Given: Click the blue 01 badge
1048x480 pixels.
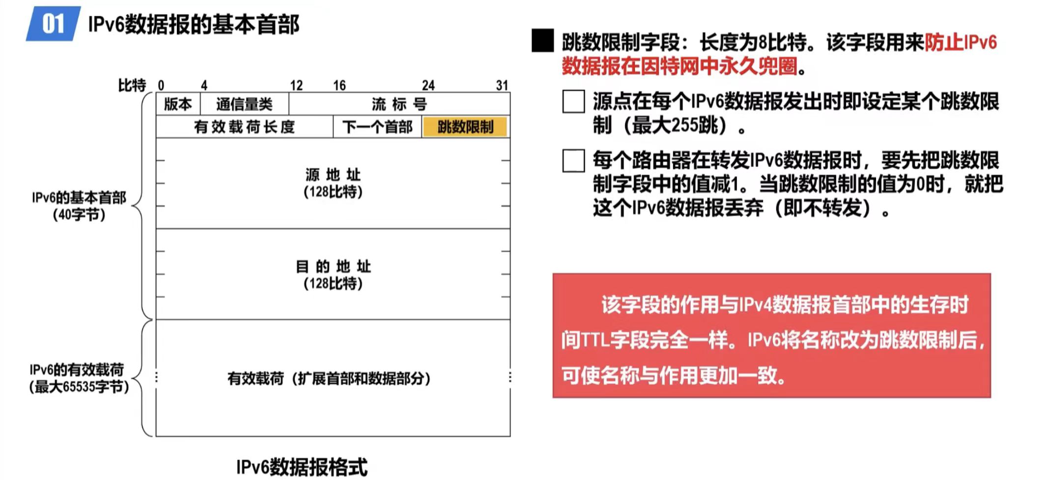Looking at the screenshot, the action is (53, 24).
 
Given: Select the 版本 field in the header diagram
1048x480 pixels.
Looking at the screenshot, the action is (178, 104).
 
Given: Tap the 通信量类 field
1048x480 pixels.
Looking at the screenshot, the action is (244, 104).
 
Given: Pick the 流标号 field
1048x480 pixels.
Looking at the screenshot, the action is (399, 104).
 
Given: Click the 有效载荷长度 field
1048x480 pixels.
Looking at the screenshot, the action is (244, 127).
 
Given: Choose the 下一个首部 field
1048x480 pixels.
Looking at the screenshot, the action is (377, 127).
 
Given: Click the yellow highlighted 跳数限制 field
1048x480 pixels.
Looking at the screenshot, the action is (465, 127).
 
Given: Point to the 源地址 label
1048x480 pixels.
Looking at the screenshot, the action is (333, 174).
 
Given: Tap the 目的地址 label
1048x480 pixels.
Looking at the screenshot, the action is (333, 266).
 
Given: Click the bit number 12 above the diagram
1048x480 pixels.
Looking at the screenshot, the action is (296, 85).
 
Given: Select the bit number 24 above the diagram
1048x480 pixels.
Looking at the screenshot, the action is (428, 85).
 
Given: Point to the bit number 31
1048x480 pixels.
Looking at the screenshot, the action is (502, 85).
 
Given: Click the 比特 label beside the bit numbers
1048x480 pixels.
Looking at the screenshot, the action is (132, 85).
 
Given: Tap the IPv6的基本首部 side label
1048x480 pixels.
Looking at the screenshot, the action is (79, 198).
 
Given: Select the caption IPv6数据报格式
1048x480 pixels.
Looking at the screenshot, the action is (302, 467).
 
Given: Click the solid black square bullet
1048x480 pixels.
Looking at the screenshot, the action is (542, 41).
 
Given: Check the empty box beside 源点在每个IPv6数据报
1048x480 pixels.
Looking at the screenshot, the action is (573, 101).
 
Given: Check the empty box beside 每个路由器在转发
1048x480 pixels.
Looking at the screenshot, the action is (573, 161).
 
